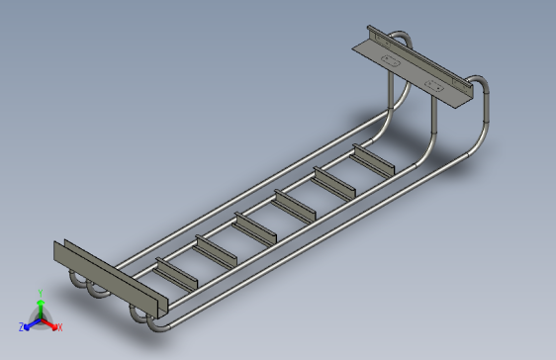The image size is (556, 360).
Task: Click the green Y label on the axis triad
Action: (40, 292)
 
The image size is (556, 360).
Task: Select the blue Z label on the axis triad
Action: (21, 326)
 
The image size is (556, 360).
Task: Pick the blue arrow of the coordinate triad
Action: (30, 322)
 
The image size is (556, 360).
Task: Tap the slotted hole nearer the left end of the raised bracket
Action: (392, 61)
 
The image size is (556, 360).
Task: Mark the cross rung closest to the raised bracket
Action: (374, 160)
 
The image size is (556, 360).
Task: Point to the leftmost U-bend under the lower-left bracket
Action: (76, 284)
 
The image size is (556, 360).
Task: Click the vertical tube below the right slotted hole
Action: (433, 119)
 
